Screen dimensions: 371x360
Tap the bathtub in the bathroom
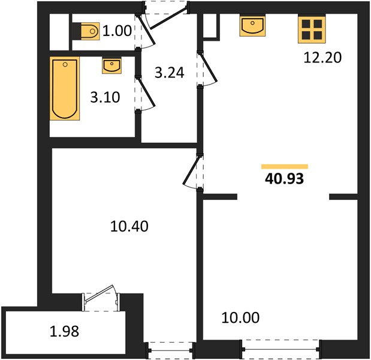click(65, 88)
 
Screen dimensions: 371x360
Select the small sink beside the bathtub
click(112, 65)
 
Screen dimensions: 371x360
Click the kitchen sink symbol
click(252, 26)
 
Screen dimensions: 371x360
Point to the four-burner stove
click(312, 29)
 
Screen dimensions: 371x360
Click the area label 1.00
click(117, 31)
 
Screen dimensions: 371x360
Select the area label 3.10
click(105, 97)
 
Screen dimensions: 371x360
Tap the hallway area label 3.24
click(170, 73)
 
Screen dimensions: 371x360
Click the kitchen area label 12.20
click(322, 58)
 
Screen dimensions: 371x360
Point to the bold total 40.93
click(285, 179)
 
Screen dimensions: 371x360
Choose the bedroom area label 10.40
click(129, 226)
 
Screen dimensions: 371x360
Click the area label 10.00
click(240, 317)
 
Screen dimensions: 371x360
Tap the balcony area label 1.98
click(64, 331)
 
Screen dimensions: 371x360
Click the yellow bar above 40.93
click(285, 167)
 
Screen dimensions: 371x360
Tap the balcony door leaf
click(99, 293)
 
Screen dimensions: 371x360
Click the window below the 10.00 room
click(280, 349)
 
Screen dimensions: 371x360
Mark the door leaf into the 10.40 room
click(191, 170)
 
